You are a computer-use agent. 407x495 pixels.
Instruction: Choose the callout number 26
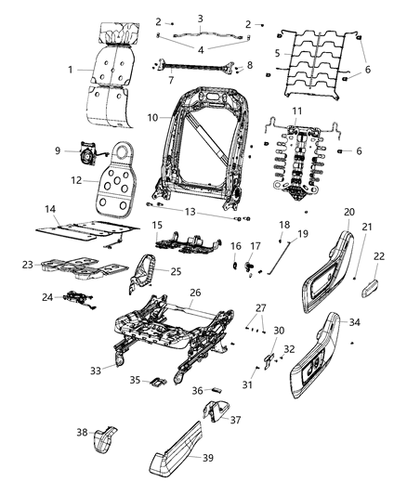[x=195, y=292]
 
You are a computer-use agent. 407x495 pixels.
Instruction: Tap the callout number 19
[x=302, y=234]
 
